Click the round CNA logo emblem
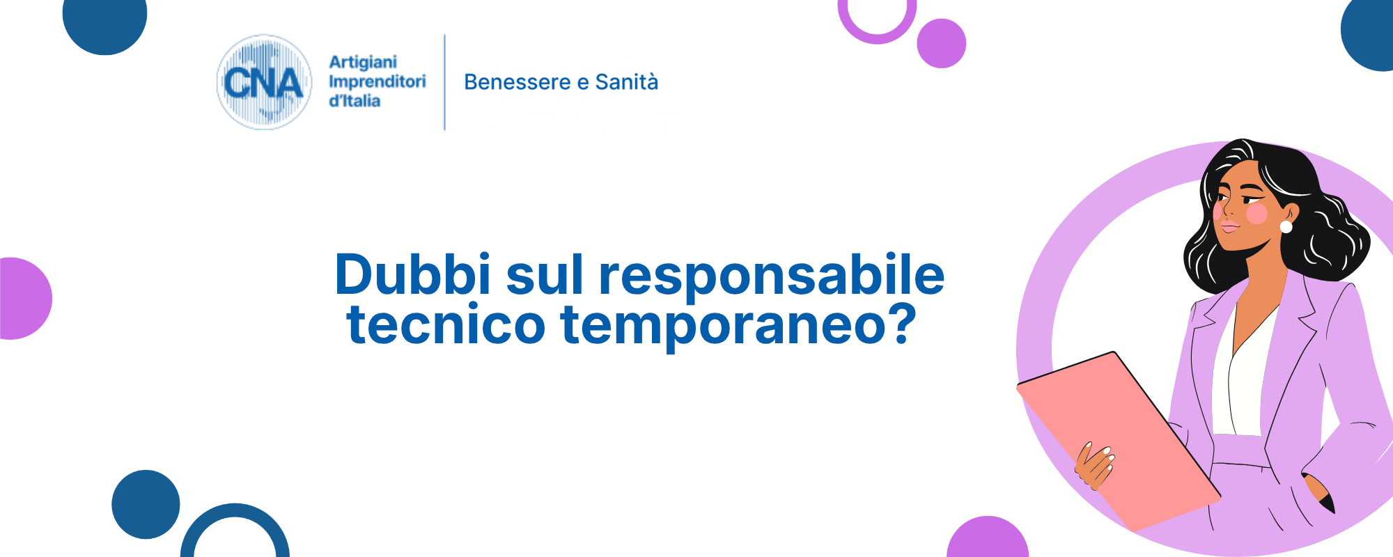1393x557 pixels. point(264,82)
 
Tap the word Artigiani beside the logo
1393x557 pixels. point(363,62)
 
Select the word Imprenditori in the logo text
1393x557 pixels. point(378,81)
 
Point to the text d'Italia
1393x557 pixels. point(355,101)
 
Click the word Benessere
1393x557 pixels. point(517,82)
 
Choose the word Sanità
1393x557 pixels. point(627,81)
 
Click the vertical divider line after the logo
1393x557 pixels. point(444,82)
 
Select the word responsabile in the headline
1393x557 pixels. point(772,277)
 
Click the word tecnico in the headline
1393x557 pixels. point(446,324)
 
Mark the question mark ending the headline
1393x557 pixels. point(898,323)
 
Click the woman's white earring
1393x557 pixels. point(1286,227)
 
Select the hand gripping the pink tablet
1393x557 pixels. point(1095,465)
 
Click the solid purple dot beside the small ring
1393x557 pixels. point(942,43)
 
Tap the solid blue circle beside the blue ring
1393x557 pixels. point(146,504)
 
